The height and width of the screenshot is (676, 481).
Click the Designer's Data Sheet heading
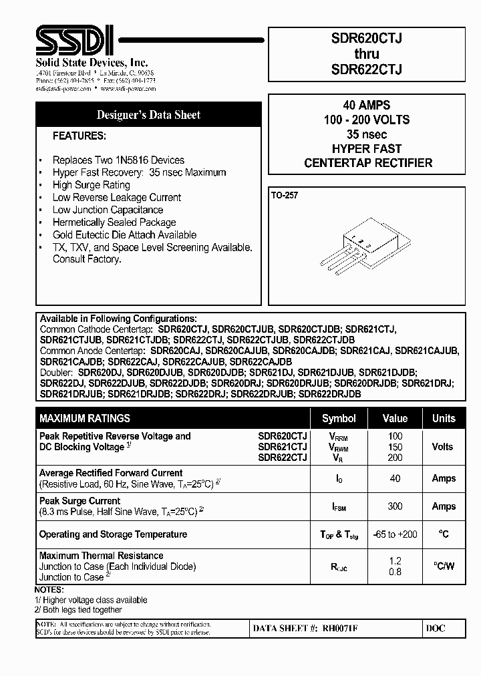click(x=148, y=115)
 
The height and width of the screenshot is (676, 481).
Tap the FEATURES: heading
click(x=79, y=136)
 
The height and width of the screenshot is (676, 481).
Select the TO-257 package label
click(x=285, y=196)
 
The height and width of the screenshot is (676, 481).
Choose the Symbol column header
click(x=339, y=418)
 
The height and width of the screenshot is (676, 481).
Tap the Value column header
click(x=395, y=418)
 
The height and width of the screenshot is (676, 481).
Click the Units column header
click(x=444, y=418)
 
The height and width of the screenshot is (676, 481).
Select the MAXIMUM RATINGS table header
click(x=85, y=418)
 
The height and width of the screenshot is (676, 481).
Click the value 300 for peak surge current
click(x=395, y=506)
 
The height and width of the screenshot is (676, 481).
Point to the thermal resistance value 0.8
click(x=395, y=572)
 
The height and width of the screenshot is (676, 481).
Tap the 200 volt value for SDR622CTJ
click(x=395, y=457)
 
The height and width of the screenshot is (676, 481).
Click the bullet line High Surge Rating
click(x=91, y=185)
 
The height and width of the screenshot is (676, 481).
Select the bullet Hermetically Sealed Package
click(x=114, y=222)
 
